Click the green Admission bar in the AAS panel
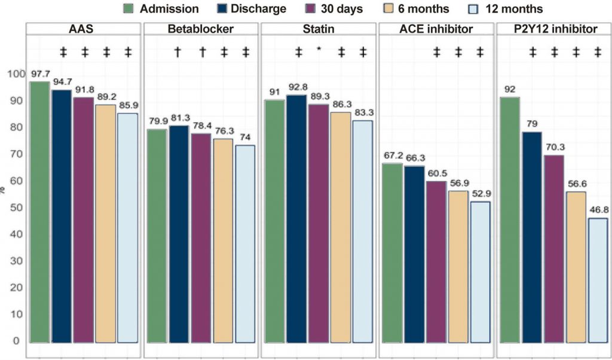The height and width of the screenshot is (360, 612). coord(39,212)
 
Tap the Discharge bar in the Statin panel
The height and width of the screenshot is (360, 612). coord(296,218)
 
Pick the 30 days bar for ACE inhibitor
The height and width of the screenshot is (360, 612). coord(436,261)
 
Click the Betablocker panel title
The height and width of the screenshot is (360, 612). coord(200,30)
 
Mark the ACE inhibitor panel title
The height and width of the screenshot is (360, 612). coord(435,30)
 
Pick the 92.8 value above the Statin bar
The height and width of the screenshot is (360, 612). coord(296,86)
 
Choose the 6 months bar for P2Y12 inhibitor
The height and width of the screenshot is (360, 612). coord(576,267)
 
